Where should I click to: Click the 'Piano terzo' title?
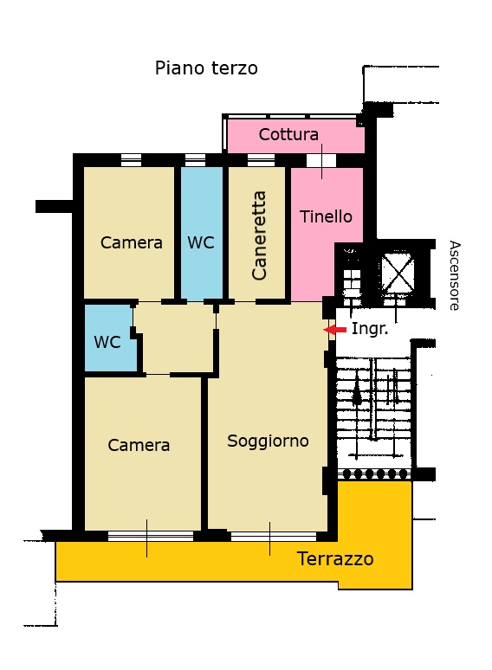(206, 68)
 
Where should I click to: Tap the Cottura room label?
(288, 134)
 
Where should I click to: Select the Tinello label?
(326, 216)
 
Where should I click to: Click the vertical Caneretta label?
(259, 235)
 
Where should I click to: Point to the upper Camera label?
(131, 242)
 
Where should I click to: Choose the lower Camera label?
(139, 445)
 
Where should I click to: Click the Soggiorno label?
(268, 441)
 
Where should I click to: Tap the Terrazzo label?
(335, 559)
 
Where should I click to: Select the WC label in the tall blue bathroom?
(201, 242)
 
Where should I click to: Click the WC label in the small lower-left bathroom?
(107, 342)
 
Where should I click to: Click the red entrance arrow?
(334, 330)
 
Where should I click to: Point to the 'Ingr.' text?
(370, 329)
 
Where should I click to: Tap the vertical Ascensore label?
(455, 275)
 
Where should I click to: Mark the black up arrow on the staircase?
(357, 393)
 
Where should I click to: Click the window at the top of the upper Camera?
(131, 160)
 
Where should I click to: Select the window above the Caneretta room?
(261, 160)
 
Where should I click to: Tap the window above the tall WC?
(196, 160)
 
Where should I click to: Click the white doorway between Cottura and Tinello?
(321, 160)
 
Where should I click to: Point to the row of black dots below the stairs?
(374, 474)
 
